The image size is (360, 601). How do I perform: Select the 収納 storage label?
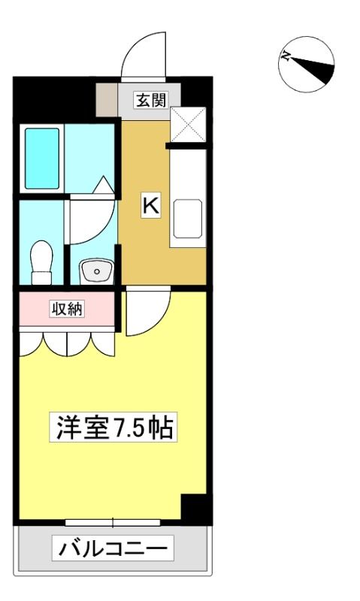[68, 309]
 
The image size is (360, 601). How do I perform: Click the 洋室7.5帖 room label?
[113, 427]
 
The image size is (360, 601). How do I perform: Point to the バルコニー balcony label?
[113, 548]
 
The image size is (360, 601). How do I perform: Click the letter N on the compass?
[285, 56]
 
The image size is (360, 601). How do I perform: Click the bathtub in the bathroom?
[42, 159]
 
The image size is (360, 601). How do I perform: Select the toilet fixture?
[42, 262]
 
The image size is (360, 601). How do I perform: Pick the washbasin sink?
[96, 271]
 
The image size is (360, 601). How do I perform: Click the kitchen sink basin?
[187, 219]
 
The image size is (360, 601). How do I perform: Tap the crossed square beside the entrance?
[188, 125]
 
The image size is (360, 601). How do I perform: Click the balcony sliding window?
[113, 522]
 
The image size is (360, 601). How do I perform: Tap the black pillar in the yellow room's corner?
[195, 509]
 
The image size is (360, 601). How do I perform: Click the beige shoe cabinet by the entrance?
[107, 99]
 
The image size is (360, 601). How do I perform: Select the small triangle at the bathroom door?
[103, 185]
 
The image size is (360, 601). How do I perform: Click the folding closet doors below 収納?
[67, 344]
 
